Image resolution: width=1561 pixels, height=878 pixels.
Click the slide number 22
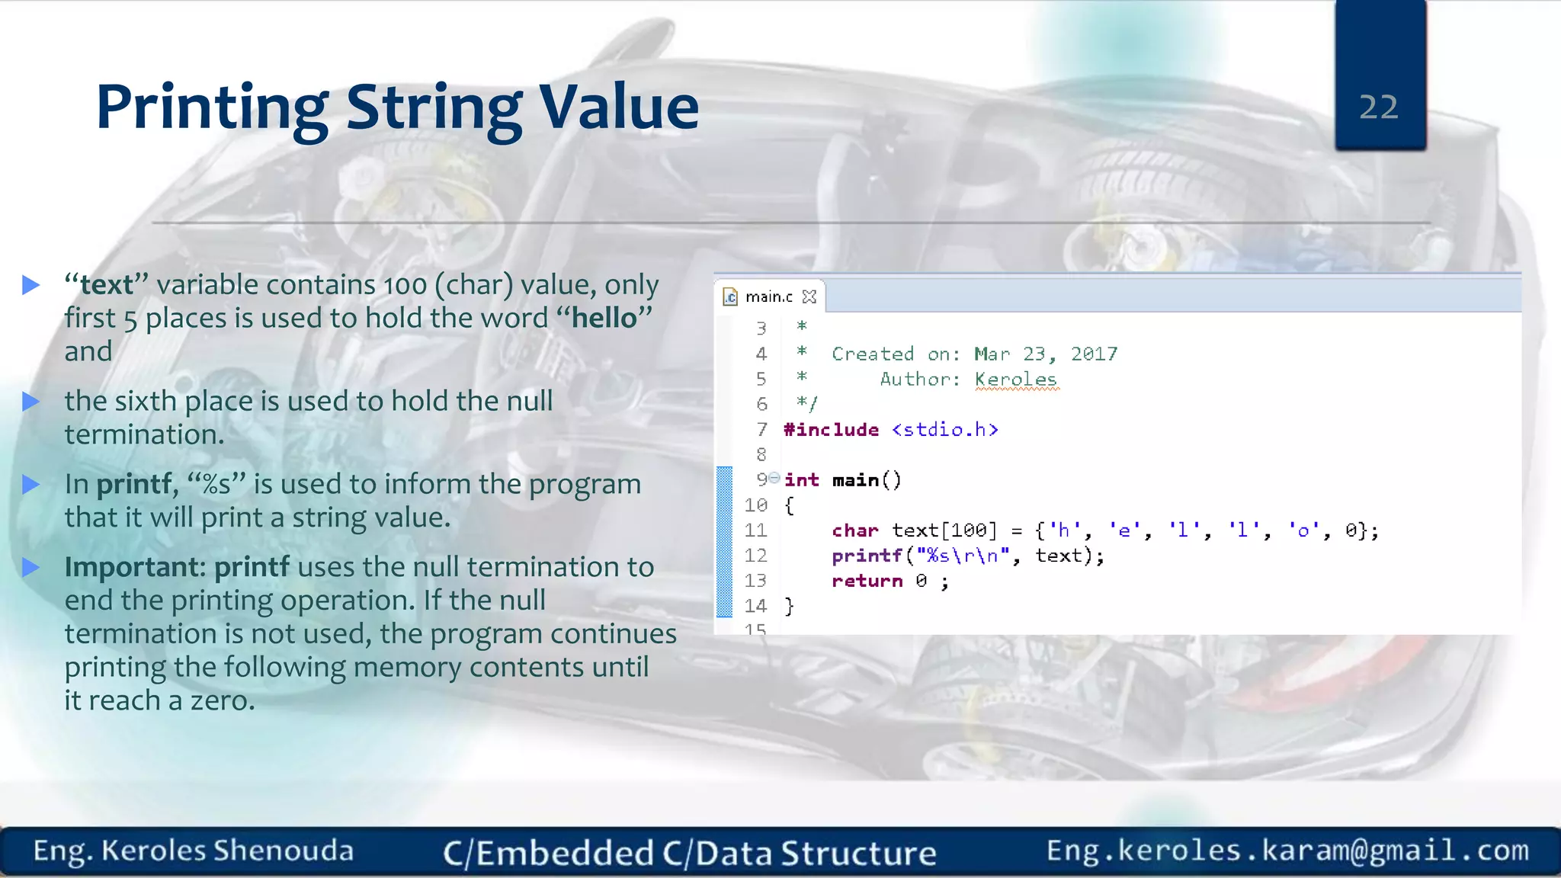pyautogui.click(x=1378, y=107)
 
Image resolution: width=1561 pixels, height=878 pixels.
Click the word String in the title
pyautogui.click(x=434, y=107)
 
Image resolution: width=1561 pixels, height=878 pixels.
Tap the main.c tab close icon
pyautogui.click(x=809, y=296)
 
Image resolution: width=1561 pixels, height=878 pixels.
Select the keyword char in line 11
pyautogui.click(x=854, y=530)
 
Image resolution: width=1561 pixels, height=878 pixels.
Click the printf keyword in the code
pyautogui.click(x=867, y=556)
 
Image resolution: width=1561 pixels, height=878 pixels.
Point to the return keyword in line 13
pyautogui.click(x=867, y=581)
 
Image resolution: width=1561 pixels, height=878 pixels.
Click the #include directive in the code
pyautogui.click(x=831, y=430)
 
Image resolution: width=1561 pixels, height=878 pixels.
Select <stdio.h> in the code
pyautogui.click(x=944, y=430)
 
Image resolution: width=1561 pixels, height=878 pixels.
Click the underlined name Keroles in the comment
pyautogui.click(x=1015, y=379)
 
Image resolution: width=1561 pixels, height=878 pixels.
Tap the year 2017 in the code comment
pyautogui.click(x=1094, y=354)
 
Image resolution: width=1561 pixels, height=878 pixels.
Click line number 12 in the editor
pyautogui.click(x=755, y=556)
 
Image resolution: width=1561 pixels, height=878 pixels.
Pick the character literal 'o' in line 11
pyautogui.click(x=1303, y=530)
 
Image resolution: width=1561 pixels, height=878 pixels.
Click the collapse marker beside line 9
pyautogui.click(x=774, y=478)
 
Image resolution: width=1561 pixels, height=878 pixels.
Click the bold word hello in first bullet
pyautogui.click(x=604, y=318)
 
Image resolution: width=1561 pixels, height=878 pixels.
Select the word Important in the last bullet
pyautogui.click(x=134, y=567)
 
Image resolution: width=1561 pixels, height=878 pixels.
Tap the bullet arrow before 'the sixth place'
pyautogui.click(x=31, y=401)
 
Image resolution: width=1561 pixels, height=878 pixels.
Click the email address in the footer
pyautogui.click(x=1287, y=850)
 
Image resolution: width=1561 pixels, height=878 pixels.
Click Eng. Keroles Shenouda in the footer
pyautogui.click(x=194, y=851)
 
